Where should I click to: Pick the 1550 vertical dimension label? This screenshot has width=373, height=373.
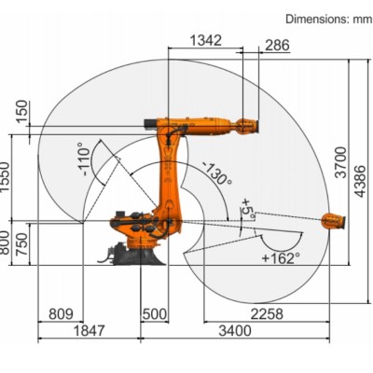click(7, 178)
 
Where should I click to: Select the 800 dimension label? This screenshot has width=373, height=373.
click(7, 243)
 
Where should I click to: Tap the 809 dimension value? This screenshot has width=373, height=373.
click(59, 312)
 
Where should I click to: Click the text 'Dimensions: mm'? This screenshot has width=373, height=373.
click(328, 18)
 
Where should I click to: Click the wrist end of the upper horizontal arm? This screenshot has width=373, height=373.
click(245, 126)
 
